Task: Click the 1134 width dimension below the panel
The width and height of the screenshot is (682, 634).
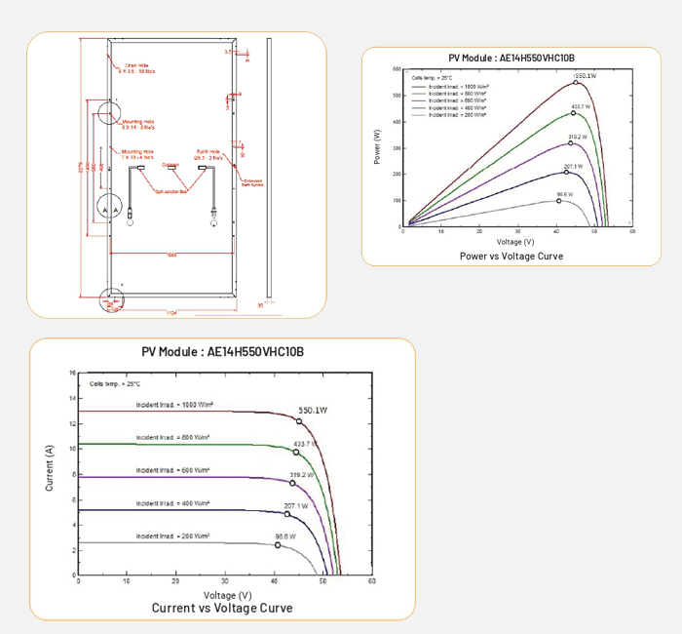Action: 170,312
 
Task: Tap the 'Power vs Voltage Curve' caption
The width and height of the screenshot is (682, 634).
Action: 511,256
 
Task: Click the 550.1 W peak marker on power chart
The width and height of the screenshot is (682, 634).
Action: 576,82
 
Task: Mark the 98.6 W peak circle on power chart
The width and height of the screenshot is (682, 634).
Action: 559,200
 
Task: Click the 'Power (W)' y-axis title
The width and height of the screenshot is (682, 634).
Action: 377,145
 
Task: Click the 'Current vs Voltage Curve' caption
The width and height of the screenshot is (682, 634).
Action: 222,608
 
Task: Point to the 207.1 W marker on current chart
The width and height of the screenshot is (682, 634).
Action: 287,514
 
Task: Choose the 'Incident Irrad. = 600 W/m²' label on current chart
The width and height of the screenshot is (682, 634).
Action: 173,470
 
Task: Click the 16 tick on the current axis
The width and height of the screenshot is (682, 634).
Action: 72,374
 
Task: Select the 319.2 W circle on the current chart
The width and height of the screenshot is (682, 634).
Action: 292,483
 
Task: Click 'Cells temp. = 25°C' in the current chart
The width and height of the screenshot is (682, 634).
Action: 115,384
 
